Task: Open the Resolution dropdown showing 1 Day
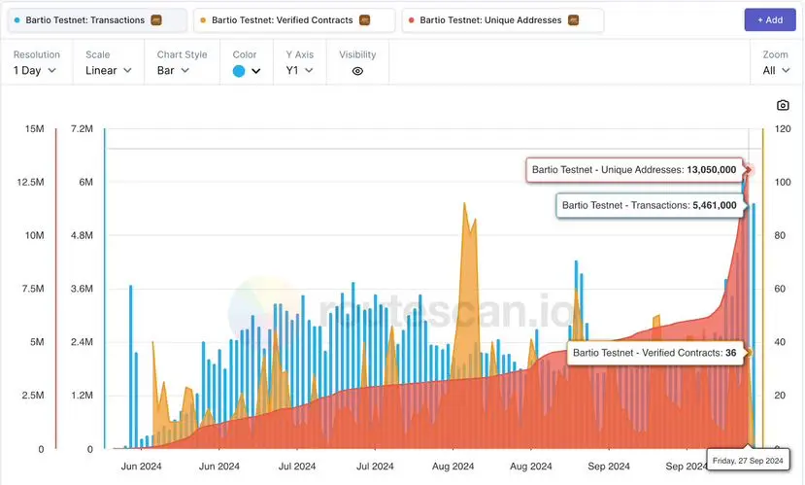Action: [x=35, y=70]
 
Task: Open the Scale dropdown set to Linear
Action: [x=108, y=70]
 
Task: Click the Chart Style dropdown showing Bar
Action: [x=173, y=70]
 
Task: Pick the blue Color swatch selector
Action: [x=247, y=70]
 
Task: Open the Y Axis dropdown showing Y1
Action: [x=298, y=70]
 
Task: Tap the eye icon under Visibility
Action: [x=357, y=71]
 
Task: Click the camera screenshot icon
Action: [x=783, y=105]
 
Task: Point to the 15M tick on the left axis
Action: [x=34, y=129]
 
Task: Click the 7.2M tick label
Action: [x=81, y=129]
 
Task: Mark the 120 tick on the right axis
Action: [x=780, y=129]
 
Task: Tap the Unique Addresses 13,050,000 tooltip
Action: [x=634, y=169]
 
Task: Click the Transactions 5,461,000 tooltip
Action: [x=649, y=205]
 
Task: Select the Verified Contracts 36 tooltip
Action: [x=654, y=352]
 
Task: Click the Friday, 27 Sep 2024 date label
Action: [x=749, y=459]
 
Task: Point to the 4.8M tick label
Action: [x=80, y=236]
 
